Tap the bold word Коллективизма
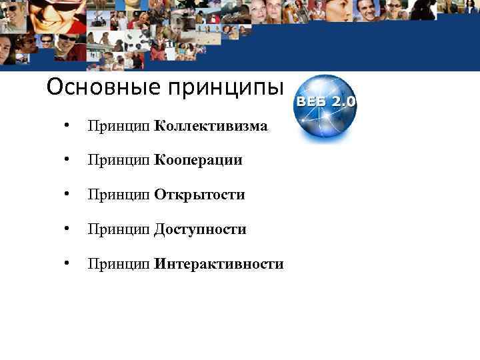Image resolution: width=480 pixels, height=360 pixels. [211, 125]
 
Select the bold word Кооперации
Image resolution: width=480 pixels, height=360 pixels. [198, 160]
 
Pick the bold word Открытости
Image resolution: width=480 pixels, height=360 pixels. [199, 195]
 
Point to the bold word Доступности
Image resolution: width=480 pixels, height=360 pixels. [200, 229]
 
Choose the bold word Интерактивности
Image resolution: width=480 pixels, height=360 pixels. [219, 264]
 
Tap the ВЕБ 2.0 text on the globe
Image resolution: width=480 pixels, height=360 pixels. [326, 103]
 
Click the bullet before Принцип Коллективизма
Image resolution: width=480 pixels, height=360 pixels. [65, 125]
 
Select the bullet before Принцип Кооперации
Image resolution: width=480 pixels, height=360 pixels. [65, 160]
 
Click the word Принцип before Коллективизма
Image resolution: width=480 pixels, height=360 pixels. [119, 126]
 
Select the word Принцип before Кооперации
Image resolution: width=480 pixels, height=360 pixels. [119, 161]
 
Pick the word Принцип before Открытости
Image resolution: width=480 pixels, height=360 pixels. [119, 195]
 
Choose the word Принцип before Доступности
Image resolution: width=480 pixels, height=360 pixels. [119, 230]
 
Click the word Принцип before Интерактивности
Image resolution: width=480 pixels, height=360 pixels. [119, 265]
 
